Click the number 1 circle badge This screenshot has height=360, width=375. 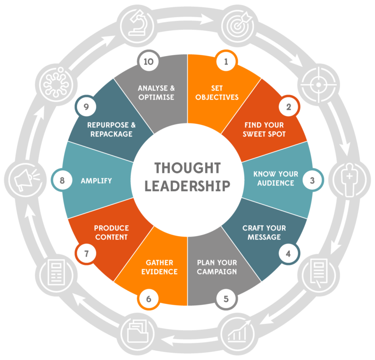point(226,62)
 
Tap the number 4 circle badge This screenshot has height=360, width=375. point(288,253)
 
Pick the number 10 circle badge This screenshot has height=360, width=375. point(149,62)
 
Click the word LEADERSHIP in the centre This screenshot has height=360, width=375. point(187,186)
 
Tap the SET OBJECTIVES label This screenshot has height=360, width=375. point(217,93)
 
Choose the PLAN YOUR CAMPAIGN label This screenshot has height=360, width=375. point(217,267)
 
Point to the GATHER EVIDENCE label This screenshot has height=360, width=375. point(158,267)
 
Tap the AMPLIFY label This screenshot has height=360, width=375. point(96,180)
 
